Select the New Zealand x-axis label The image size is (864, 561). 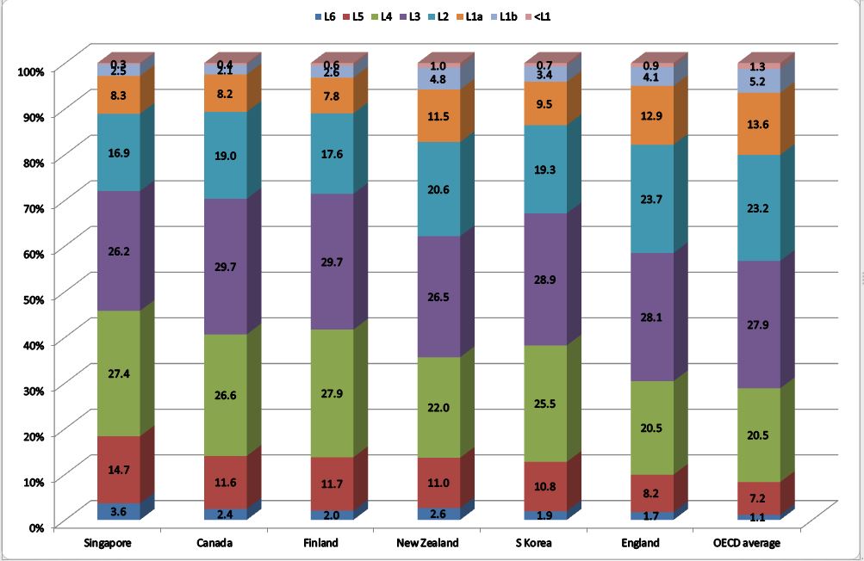428,543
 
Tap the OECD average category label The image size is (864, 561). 746,543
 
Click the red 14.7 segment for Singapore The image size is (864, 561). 119,470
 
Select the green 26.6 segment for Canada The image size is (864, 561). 226,395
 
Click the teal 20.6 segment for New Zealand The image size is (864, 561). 438,189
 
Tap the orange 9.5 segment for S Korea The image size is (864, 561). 545,104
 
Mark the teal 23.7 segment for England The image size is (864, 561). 652,199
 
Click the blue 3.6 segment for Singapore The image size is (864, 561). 119,511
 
